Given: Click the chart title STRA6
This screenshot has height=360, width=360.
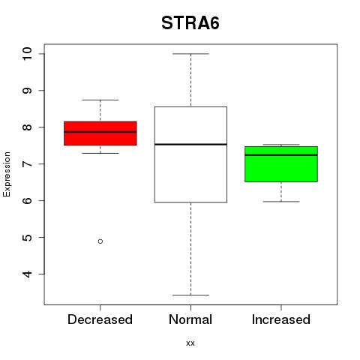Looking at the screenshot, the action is coord(190,23).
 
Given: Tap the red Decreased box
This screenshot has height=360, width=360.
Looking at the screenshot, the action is coord(100,133).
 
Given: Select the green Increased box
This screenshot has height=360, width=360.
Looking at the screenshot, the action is coord(281,164).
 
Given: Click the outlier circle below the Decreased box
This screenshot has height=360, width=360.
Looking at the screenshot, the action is coord(100,241).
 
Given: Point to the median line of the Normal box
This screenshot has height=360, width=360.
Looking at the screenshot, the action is coord(190,144).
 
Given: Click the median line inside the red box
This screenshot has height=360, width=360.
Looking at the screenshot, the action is coord(100,132).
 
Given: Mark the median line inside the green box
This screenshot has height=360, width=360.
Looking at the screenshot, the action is coord(281,155).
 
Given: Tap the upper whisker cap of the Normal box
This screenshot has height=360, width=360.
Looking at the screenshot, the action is coord(190,54).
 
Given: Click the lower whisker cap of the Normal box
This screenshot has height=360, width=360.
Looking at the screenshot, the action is coord(190,295).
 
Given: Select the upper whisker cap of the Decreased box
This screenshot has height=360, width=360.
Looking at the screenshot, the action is coord(100,100).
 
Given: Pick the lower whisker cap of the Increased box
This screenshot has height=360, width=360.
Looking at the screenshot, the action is coord(281,201).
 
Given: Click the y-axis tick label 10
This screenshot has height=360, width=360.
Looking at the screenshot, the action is coord(28,53).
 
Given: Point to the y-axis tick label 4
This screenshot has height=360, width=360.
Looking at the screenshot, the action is coord(28,274).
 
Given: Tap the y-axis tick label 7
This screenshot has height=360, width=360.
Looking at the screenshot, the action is coord(28,163).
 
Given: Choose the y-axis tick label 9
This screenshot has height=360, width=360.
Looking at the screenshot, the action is coord(28,90).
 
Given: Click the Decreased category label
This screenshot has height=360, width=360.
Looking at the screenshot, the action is coord(100,319).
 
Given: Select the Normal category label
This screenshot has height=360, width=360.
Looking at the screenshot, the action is coord(190,319).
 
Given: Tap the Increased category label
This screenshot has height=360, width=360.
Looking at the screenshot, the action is coord(281,319).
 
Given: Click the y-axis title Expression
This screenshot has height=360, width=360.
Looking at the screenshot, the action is coord(7,174).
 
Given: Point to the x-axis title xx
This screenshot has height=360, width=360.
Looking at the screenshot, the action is coord(190,343).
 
